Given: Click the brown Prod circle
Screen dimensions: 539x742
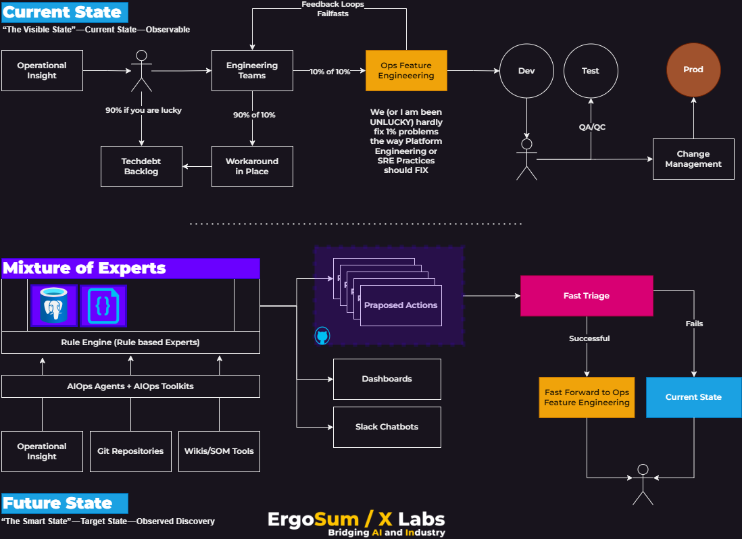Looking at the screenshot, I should [693, 70].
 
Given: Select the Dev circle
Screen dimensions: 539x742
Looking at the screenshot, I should [526, 71].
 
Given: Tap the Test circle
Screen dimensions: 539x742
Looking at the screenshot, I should [591, 71].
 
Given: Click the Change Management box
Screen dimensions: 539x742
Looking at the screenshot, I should [693, 159].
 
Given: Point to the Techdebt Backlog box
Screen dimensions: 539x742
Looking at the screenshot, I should [141, 166].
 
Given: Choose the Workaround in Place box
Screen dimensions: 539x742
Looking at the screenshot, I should [252, 166].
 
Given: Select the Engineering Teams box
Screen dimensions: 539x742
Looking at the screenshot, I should [252, 70].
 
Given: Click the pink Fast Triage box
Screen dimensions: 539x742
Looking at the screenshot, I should [587, 296].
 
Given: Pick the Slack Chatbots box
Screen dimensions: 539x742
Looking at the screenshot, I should [387, 427].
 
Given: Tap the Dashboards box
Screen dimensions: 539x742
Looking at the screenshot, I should [387, 379].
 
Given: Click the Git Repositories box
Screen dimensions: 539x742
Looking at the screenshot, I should [130, 451].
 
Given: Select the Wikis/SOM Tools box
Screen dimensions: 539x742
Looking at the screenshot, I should [219, 451].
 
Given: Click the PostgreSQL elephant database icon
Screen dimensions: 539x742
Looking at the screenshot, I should [54, 306].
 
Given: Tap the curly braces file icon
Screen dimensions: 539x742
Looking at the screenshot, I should [103, 306].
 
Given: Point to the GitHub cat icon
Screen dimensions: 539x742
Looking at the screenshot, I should [322, 336].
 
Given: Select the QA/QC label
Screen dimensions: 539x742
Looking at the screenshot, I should [592, 128].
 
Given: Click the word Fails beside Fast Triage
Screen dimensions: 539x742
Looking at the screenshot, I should [694, 324].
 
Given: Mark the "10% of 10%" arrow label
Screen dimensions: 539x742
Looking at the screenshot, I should [330, 72].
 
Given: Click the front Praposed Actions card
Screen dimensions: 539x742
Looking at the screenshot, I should [401, 305].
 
